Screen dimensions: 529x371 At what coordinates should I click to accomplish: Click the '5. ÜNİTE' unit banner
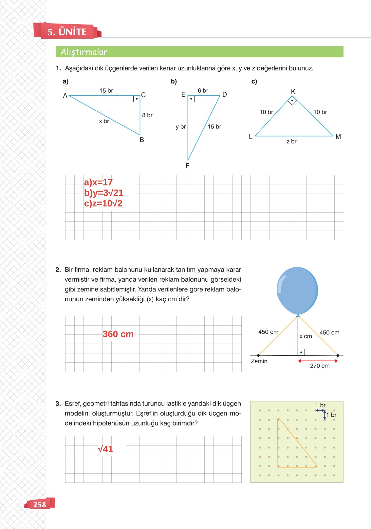pos(67,32)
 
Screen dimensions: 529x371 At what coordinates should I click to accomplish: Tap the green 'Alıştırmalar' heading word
pos(84,52)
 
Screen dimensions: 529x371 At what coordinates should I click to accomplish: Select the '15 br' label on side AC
pos(106,91)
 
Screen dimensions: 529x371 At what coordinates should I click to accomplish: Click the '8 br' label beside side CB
pos(147,115)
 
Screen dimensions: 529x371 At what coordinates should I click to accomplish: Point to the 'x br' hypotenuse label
pos(104,121)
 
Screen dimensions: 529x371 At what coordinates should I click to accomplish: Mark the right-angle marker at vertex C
pos(137,99)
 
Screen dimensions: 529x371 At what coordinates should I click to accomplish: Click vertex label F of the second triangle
pos(187,166)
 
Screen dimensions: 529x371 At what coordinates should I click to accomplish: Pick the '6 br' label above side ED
pos(203,91)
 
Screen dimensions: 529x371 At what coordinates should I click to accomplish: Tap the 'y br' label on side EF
pos(180,127)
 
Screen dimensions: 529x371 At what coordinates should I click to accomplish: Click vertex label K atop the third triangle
pos(293,91)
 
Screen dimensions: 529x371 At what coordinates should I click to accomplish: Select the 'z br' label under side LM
pos(291,142)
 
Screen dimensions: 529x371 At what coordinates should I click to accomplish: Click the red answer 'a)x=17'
pos(98,182)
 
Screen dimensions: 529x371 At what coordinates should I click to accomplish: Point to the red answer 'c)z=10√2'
pos(103,203)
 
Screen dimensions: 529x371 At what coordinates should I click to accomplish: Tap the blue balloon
pos(297,290)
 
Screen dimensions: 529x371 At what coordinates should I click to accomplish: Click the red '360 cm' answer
pos(118,334)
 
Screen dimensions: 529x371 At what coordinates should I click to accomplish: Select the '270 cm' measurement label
pos(320,366)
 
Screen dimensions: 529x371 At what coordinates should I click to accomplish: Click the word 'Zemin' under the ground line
pos(259,361)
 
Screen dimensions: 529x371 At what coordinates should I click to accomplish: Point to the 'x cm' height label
pos(306,336)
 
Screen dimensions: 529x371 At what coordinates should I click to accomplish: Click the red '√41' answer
pos(105,449)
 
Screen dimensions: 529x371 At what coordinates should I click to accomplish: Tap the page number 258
pos(40,505)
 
